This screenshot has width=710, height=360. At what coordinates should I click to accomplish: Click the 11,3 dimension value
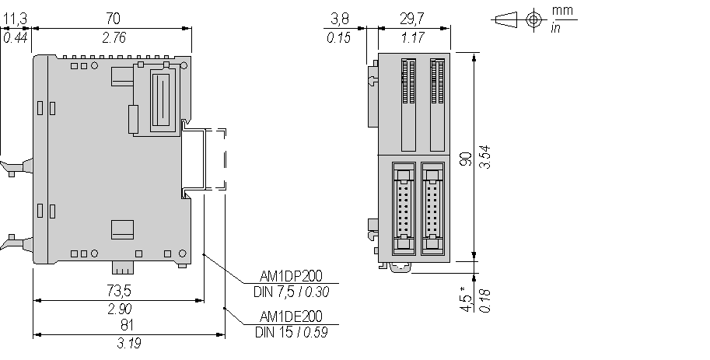coord(16,19)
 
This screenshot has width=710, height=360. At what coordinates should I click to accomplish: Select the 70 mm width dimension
coord(114,19)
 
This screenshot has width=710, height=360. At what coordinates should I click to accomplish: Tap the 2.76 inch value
coord(114,37)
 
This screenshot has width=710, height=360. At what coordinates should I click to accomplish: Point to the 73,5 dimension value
coord(119,290)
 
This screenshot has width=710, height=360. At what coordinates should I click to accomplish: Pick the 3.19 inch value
coord(129,343)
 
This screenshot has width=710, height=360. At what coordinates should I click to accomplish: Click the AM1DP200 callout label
coord(291,276)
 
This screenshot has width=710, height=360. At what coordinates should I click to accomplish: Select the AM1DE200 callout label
coord(291,316)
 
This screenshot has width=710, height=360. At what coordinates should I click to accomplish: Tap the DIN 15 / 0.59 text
coord(291,332)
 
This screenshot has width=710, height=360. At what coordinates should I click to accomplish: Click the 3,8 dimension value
coord(340,19)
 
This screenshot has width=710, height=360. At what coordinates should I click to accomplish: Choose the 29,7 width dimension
coord(412,19)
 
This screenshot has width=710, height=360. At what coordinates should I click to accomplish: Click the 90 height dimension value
coord(466,159)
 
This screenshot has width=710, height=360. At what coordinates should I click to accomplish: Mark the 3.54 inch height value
coord(485,157)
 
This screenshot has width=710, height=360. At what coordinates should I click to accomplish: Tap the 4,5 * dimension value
coord(466,299)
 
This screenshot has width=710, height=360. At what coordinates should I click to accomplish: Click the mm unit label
coord(562,10)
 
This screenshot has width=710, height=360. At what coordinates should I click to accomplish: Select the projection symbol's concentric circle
coord(533,20)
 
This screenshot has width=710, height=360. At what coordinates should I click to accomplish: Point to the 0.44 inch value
coord(16,37)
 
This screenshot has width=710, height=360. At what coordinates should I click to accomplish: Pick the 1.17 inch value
coord(412,37)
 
